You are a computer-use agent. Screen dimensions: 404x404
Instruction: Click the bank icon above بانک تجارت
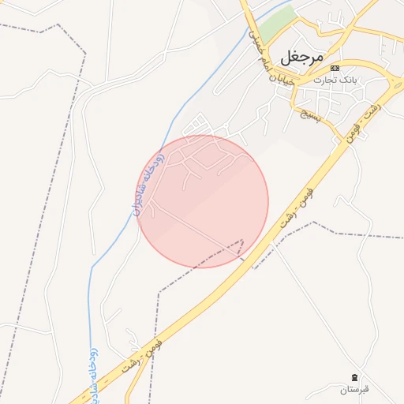(x=335, y=68)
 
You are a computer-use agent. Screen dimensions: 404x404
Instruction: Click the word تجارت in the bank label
(x=324, y=80)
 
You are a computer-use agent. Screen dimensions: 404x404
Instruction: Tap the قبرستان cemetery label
(x=354, y=390)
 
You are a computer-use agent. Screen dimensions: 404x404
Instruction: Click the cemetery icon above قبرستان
(x=354, y=379)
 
